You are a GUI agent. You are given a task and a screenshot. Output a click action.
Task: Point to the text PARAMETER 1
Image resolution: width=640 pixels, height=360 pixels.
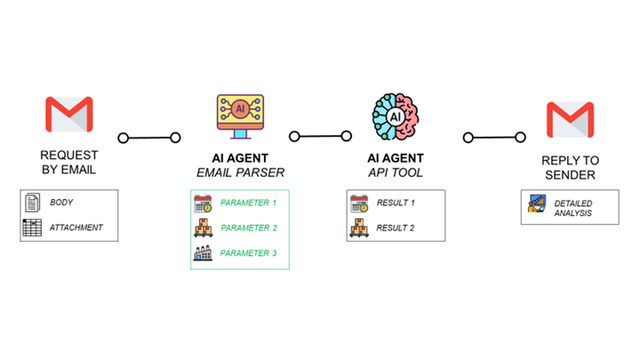click(x=249, y=204)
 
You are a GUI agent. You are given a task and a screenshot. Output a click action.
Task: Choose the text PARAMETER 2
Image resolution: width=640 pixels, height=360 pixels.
click(x=249, y=228)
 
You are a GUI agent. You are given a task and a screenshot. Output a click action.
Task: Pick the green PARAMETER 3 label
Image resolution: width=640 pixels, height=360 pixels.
click(x=249, y=254)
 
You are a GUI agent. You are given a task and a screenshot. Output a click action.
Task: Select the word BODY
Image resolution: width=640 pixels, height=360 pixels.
click(x=61, y=203)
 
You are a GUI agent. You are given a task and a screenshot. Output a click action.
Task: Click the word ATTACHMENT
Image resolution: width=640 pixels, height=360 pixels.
click(x=76, y=228)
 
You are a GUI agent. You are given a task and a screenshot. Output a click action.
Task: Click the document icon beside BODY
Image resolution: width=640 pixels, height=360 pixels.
click(x=31, y=203)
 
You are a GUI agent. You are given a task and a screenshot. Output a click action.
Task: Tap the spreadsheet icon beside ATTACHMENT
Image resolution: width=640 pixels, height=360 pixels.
click(x=31, y=228)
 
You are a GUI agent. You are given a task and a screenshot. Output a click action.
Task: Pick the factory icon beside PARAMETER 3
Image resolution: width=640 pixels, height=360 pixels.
click(x=204, y=254)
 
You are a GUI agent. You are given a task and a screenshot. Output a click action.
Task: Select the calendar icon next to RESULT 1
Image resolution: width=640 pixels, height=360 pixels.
click(x=359, y=204)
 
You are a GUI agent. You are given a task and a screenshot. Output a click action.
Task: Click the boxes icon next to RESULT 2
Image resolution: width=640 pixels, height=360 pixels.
click(x=359, y=228)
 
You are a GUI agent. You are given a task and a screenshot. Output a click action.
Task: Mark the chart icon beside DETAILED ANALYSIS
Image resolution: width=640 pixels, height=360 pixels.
click(x=537, y=205)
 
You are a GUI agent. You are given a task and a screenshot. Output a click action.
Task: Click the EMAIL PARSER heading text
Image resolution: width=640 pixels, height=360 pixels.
click(x=239, y=172)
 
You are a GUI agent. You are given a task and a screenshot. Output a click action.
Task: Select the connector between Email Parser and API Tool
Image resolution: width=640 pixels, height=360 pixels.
click(x=321, y=137)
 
